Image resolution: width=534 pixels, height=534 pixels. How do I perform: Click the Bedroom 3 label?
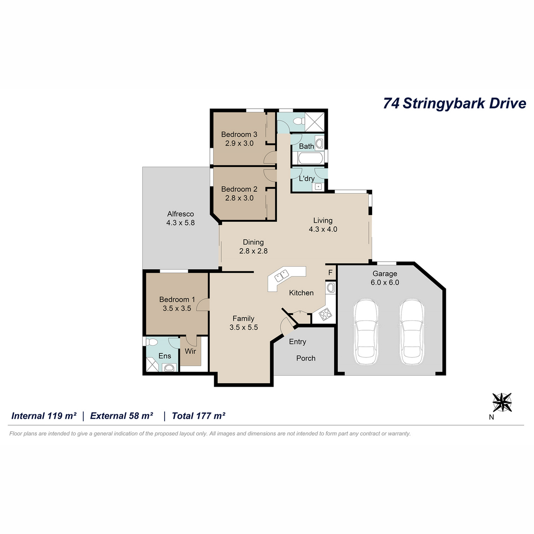pos(239,134)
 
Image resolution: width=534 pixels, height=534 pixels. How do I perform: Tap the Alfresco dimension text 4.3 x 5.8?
pos(180,223)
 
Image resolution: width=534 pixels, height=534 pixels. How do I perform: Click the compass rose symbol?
pos(502,402)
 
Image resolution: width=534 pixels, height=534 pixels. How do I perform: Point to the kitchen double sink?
pos(281,275)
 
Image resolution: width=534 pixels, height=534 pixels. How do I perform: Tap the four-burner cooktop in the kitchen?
pos(325,314)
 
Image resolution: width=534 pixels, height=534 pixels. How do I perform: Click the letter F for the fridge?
pos(330,273)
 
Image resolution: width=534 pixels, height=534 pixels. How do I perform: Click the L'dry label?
pos(307,178)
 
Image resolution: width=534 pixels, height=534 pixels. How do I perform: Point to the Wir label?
pos(190,351)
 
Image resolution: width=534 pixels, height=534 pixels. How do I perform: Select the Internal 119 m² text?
pos(44,416)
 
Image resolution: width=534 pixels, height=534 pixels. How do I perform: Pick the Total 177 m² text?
pos(198,416)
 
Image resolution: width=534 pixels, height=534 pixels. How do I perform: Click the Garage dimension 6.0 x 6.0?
pos(384,283)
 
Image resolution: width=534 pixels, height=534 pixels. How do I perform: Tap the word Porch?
pos(306,358)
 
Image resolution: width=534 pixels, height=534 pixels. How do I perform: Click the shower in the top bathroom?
pos(315,121)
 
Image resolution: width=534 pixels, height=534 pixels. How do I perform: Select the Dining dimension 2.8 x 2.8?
pos(253,251)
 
